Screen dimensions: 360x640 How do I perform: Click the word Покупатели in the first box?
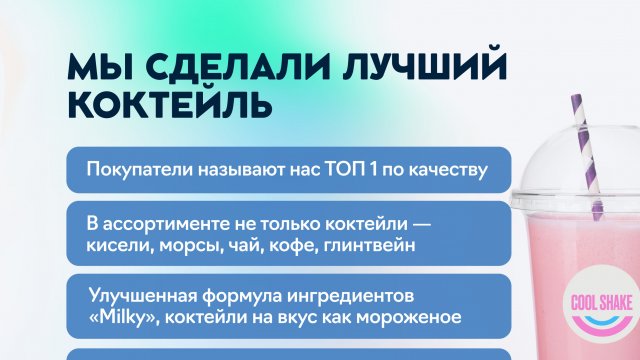coord(137,170)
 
